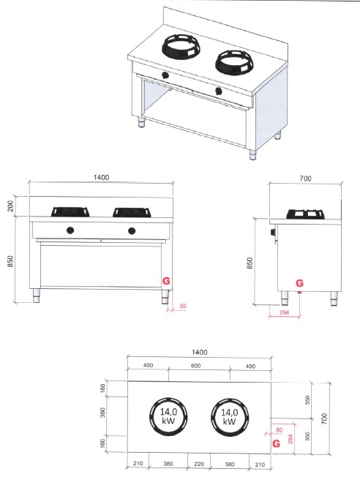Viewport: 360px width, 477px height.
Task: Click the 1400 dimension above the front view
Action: tap(101, 177)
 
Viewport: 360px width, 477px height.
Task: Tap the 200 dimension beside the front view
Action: tap(10, 206)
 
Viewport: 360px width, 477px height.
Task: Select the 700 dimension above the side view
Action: tap(305, 179)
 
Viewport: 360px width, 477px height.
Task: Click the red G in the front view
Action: tap(166, 281)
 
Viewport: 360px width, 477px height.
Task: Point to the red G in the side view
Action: tap(299, 283)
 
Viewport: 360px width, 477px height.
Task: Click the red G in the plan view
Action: tap(277, 443)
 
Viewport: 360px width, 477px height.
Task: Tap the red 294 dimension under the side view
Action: tap(284, 312)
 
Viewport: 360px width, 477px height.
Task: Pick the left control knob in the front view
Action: tap(70, 230)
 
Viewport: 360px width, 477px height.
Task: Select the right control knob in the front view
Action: tap(132, 231)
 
